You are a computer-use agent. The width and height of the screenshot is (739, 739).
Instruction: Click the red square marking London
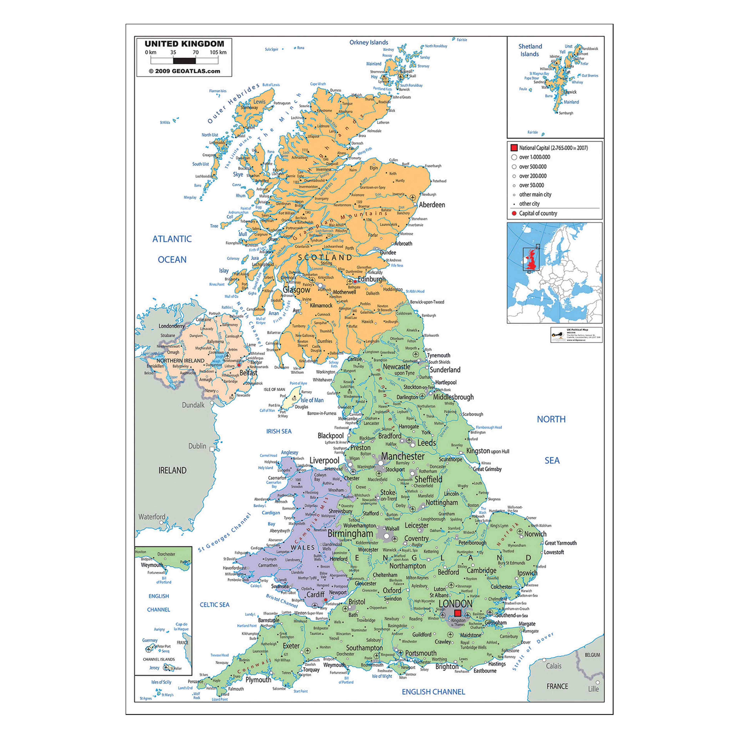[x=457, y=613]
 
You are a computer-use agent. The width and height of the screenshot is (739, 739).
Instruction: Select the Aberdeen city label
[x=432, y=205]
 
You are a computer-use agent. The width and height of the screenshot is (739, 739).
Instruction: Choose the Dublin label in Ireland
[x=197, y=446]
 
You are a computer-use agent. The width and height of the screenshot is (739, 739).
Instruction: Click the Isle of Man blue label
[x=312, y=400]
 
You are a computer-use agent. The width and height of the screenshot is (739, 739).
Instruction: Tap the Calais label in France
[x=553, y=666]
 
